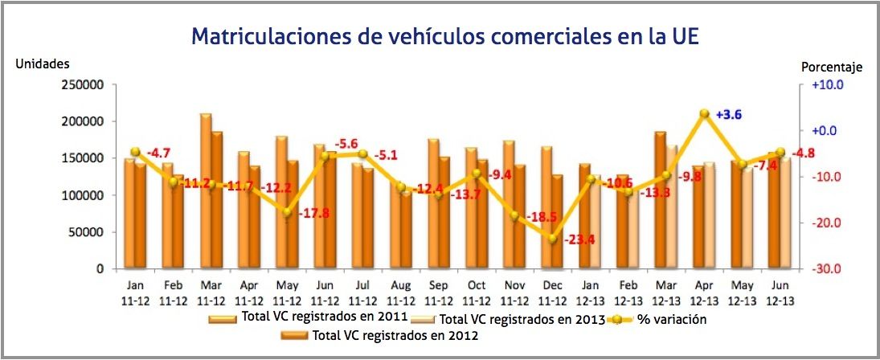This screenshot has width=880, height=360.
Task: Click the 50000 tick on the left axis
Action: pyautogui.click(x=83, y=232)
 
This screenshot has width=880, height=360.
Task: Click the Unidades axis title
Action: pyautogui.click(x=43, y=63)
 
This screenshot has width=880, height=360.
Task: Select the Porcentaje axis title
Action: pyautogui.click(x=832, y=67)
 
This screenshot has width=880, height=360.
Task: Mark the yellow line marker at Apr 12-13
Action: pyautogui.click(x=704, y=114)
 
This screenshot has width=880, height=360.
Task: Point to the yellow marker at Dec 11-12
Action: pyautogui.click(x=552, y=239)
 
